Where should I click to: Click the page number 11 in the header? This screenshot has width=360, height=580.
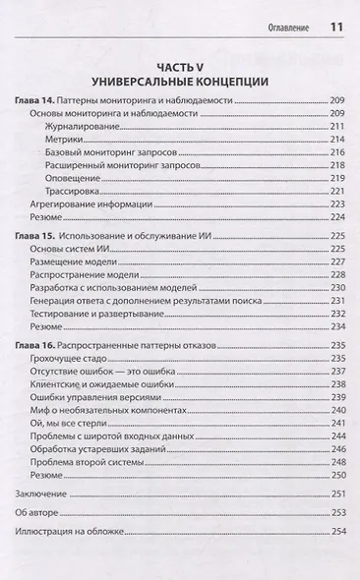[x=335, y=27]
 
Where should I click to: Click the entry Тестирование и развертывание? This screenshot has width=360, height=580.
[x=97, y=312]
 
